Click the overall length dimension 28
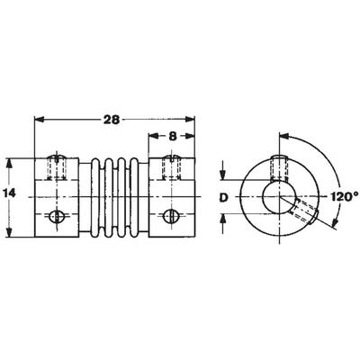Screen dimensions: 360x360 tap(112, 120)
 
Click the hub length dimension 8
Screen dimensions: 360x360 tap(172, 137)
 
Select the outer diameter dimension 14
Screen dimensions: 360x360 tap(10, 193)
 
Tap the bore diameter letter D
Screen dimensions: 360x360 tap(222, 197)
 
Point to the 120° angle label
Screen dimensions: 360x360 tap(345, 197)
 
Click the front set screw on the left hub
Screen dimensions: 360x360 tap(56, 216)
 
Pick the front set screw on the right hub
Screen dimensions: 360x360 tap(171, 216)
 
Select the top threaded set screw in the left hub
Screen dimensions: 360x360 tap(57, 167)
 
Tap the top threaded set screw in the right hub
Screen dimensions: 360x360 tap(172, 167)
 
